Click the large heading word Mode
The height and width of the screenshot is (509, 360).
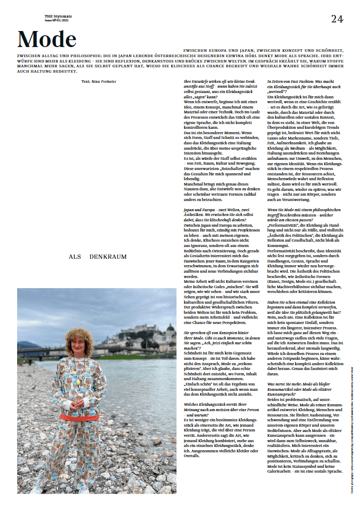(47, 39)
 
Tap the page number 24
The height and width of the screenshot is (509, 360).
(337, 19)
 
